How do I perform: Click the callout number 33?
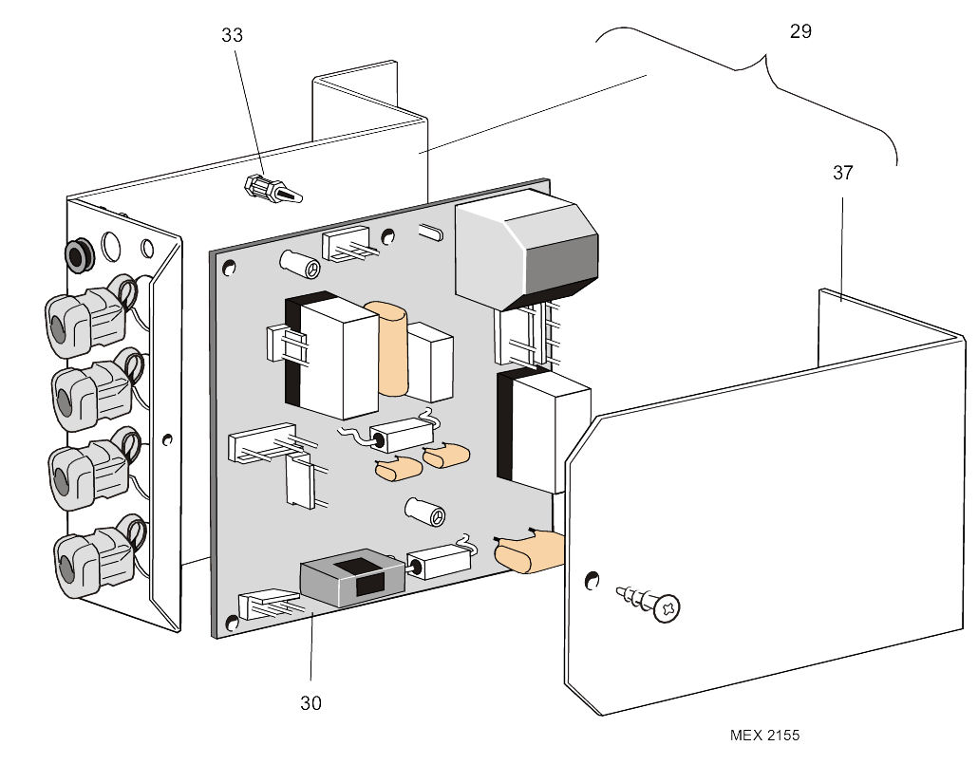[232, 35]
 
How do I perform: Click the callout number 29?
[800, 30]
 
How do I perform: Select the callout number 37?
[842, 173]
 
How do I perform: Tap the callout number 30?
[310, 703]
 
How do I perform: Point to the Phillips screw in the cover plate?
[655, 604]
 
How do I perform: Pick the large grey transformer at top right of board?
[527, 252]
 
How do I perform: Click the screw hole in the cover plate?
[592, 579]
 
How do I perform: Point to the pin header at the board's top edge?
[348, 244]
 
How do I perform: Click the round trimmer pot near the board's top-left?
[299, 264]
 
